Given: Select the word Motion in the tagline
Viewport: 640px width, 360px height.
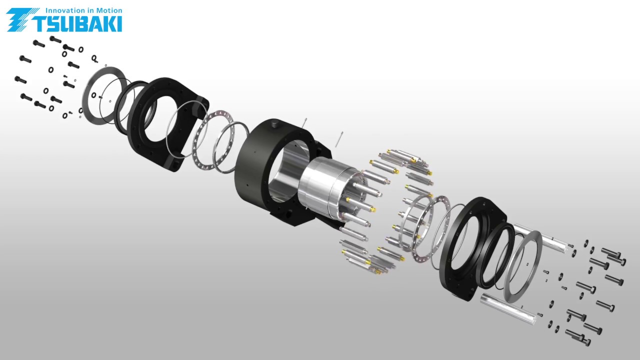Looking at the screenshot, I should click(109, 10).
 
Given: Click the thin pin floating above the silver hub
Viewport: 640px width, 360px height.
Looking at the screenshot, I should click(339, 139).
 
